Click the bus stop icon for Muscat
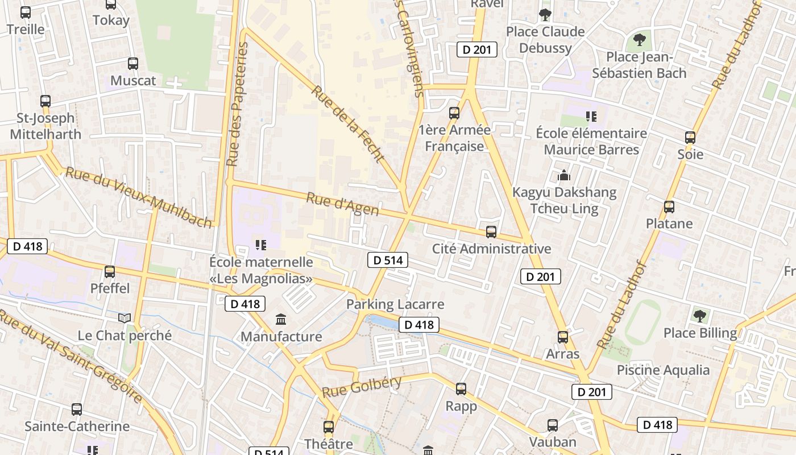click(x=133, y=64)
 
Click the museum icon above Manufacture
click(x=281, y=320)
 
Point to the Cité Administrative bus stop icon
click(x=491, y=232)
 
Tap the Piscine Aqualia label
click(x=663, y=370)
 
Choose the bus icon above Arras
click(x=563, y=337)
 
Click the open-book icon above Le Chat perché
click(x=125, y=318)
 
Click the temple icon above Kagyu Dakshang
click(x=564, y=175)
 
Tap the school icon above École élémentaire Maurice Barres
click(x=591, y=117)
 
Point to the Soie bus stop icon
click(x=690, y=138)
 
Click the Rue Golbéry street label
click(x=362, y=387)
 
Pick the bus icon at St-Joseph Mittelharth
click(x=45, y=101)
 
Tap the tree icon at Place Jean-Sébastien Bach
click(x=640, y=40)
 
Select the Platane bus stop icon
click(x=669, y=207)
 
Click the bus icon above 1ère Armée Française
click(x=454, y=113)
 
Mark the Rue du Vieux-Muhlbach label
click(x=139, y=197)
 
